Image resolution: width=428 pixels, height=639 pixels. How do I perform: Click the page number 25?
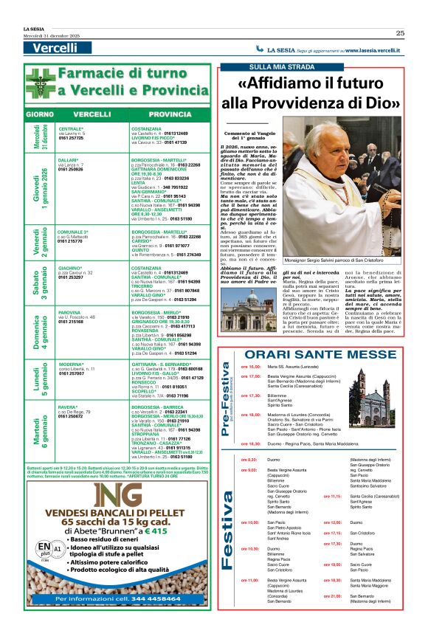tap(399, 32)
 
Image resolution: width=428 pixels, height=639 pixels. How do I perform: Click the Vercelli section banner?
tap(55, 48)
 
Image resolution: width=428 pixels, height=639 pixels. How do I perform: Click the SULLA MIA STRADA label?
tap(266, 67)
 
